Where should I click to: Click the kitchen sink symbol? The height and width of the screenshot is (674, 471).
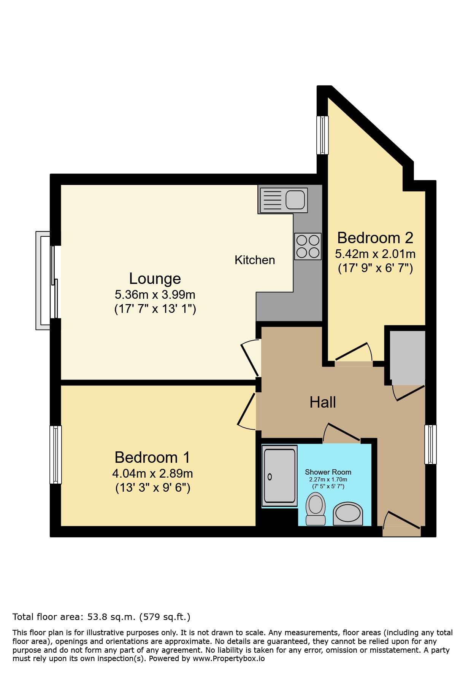click(284, 200)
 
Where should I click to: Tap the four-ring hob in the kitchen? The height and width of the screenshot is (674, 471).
click(308, 246)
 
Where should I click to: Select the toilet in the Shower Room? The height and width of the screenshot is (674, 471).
click(316, 509)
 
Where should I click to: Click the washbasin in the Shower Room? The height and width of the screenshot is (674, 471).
click(348, 514)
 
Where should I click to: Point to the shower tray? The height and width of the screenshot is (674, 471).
click(280, 476)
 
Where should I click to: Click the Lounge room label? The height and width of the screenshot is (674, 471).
click(155, 279)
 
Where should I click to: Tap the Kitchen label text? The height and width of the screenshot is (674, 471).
click(255, 260)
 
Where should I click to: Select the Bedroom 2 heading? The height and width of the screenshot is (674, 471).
click(375, 238)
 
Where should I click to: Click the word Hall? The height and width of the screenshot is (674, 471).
click(322, 402)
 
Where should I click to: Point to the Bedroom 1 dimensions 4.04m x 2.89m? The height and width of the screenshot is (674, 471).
click(152, 473)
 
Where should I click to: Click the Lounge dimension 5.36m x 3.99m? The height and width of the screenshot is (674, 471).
click(155, 295)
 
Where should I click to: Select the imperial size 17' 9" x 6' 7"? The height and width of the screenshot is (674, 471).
click(375, 268)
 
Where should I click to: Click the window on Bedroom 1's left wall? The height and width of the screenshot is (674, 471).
click(56, 454)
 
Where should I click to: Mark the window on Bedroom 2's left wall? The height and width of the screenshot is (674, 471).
click(323, 135)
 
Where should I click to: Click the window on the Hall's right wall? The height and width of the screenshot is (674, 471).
click(430, 445)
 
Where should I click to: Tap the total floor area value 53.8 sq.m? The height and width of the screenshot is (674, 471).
click(111, 617)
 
